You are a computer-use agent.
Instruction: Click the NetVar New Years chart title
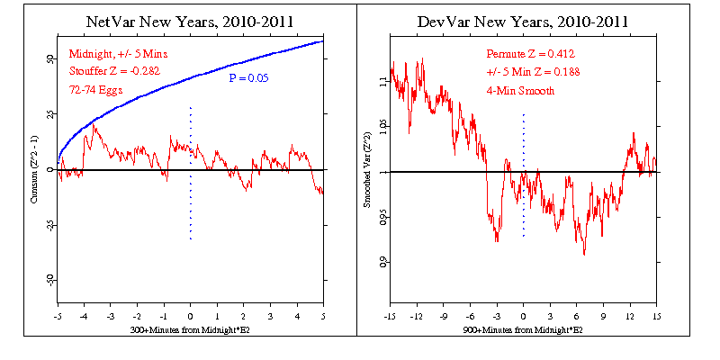pos(191,20)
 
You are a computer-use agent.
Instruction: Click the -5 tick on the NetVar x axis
pos(58,316)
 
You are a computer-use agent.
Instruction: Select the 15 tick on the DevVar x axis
pos(656,316)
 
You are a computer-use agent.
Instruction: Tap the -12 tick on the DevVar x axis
pos(416,316)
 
